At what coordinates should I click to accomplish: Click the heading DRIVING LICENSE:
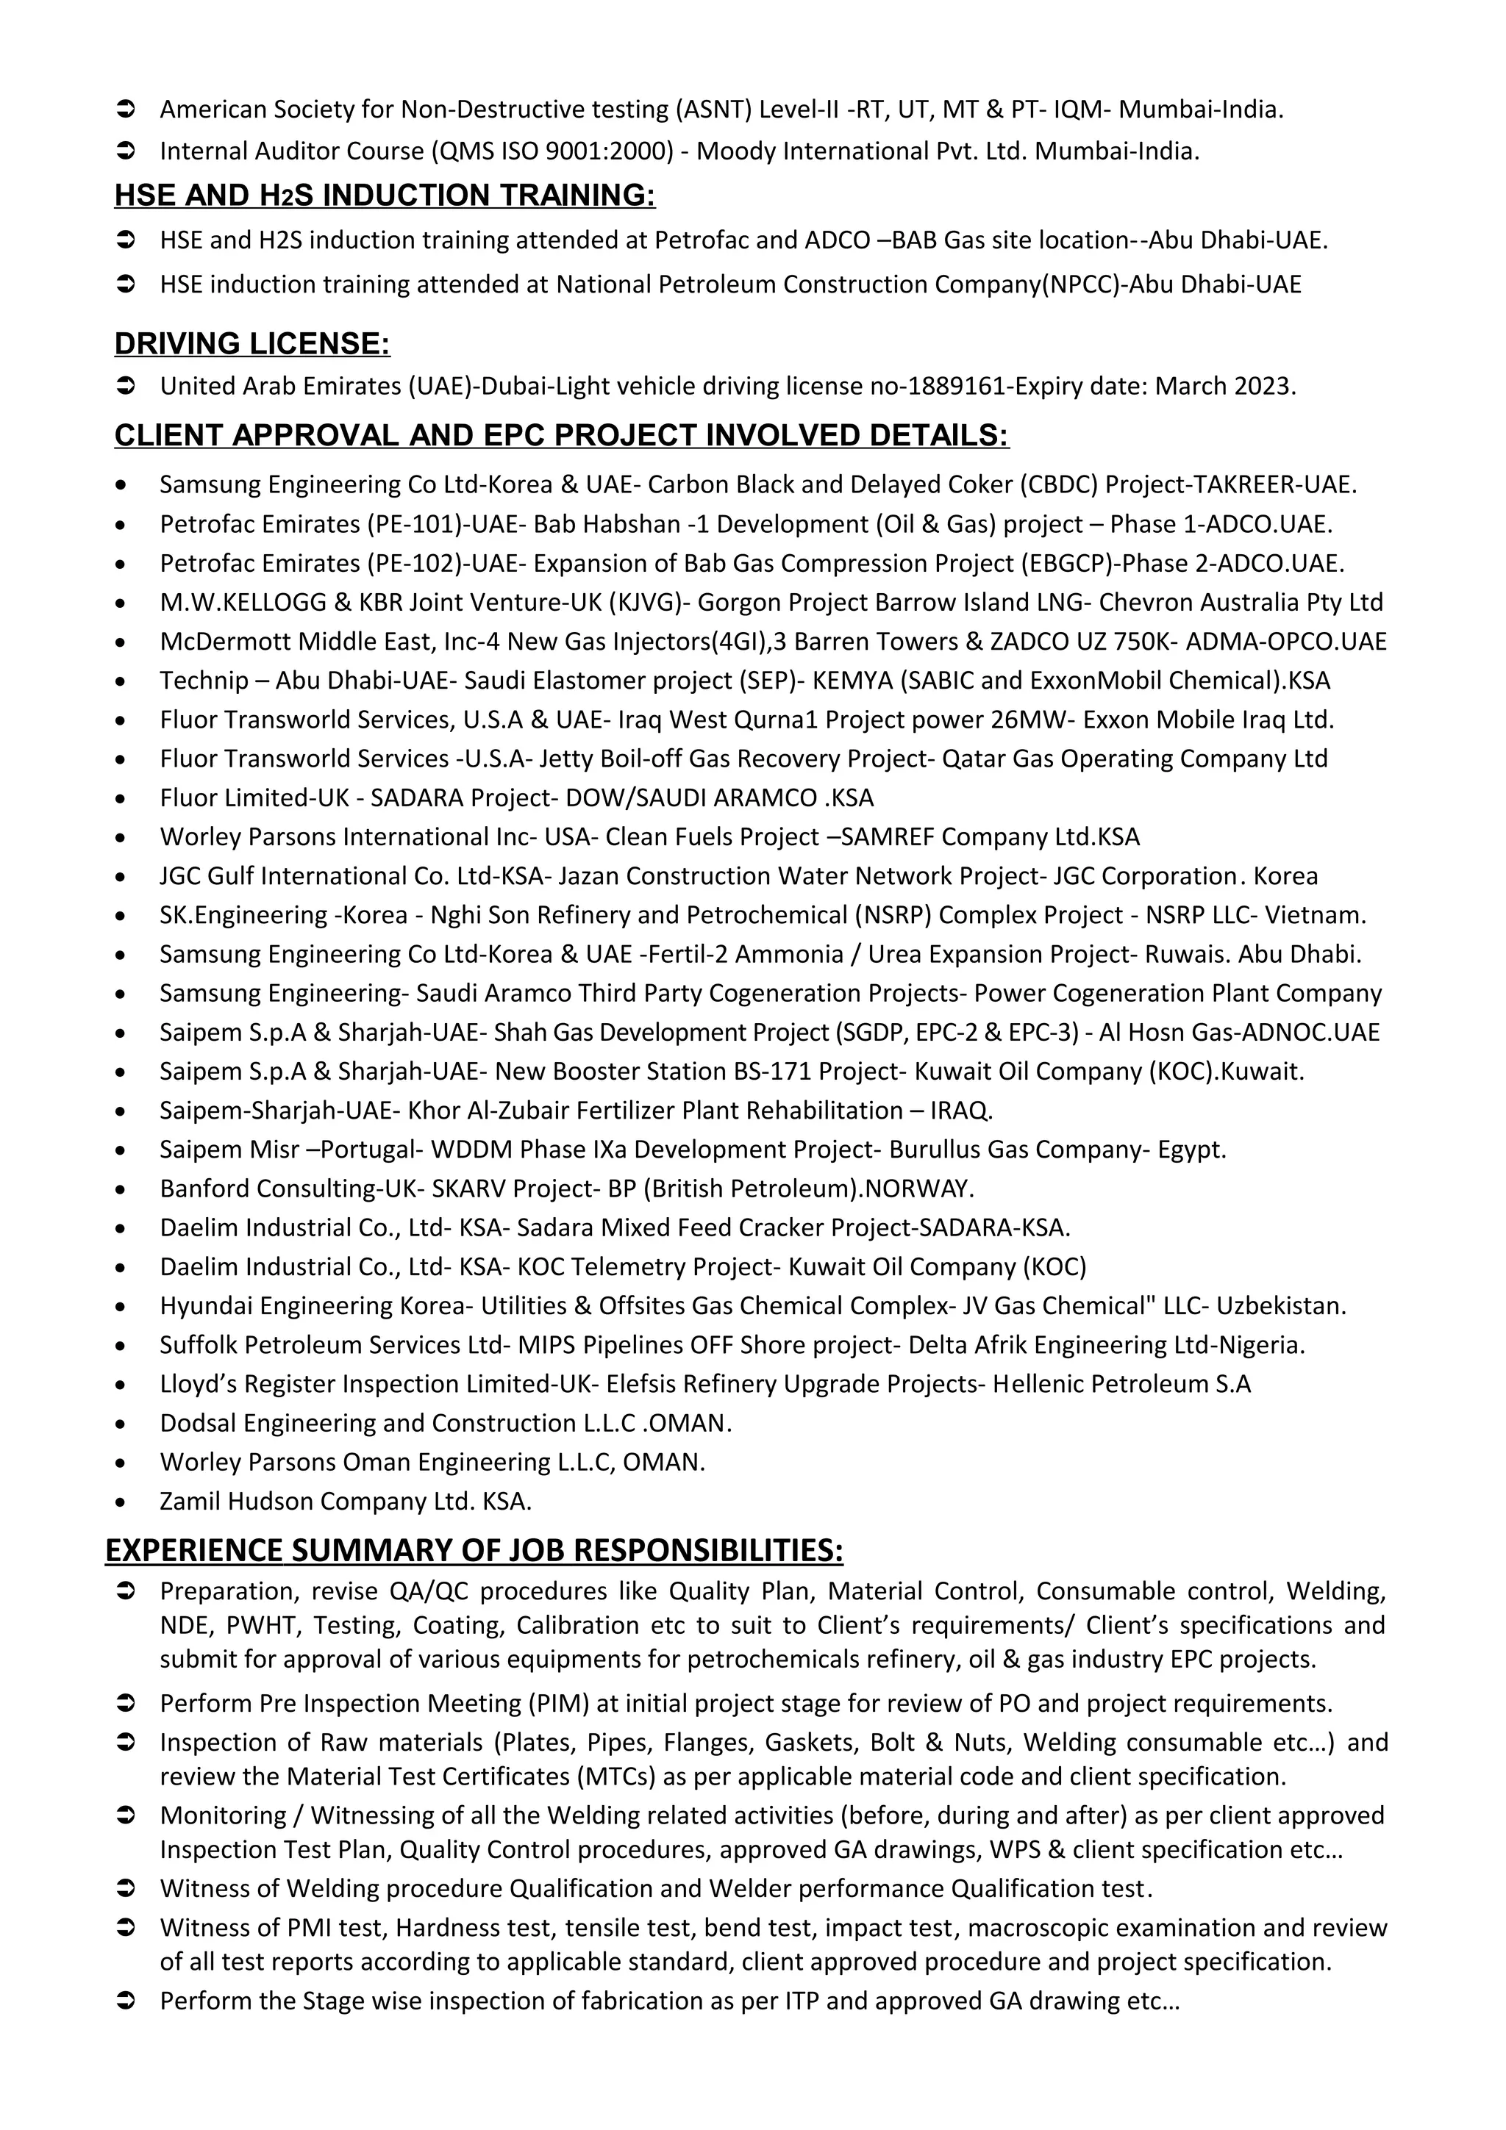[x=251, y=344]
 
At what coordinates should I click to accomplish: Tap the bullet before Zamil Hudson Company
[x=121, y=1502]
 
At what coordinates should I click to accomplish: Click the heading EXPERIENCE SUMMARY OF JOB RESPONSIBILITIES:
[x=474, y=1550]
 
